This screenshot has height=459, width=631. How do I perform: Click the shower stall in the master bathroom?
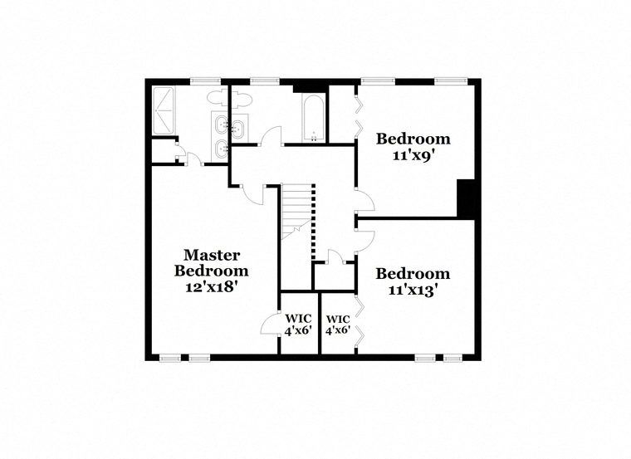pos(164,110)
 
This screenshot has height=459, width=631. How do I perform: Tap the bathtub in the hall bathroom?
pos(313,118)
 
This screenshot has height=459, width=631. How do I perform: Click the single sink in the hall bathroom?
pos(239,129)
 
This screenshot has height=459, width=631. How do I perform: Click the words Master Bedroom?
pos(211,262)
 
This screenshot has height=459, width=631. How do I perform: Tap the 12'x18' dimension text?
pos(209,287)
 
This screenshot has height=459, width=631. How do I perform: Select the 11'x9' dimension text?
pos(414,155)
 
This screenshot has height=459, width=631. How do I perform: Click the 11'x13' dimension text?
pos(413,290)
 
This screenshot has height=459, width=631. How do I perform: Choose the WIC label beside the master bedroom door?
pos(298,319)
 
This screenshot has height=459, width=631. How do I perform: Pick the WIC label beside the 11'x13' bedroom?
pos(338,319)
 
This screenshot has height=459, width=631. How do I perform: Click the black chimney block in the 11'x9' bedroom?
pos(466,198)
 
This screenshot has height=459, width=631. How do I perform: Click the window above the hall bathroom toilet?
pos(264,81)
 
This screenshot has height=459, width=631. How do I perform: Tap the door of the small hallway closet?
pos(336,256)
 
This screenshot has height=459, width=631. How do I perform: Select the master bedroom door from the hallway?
pos(252,196)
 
